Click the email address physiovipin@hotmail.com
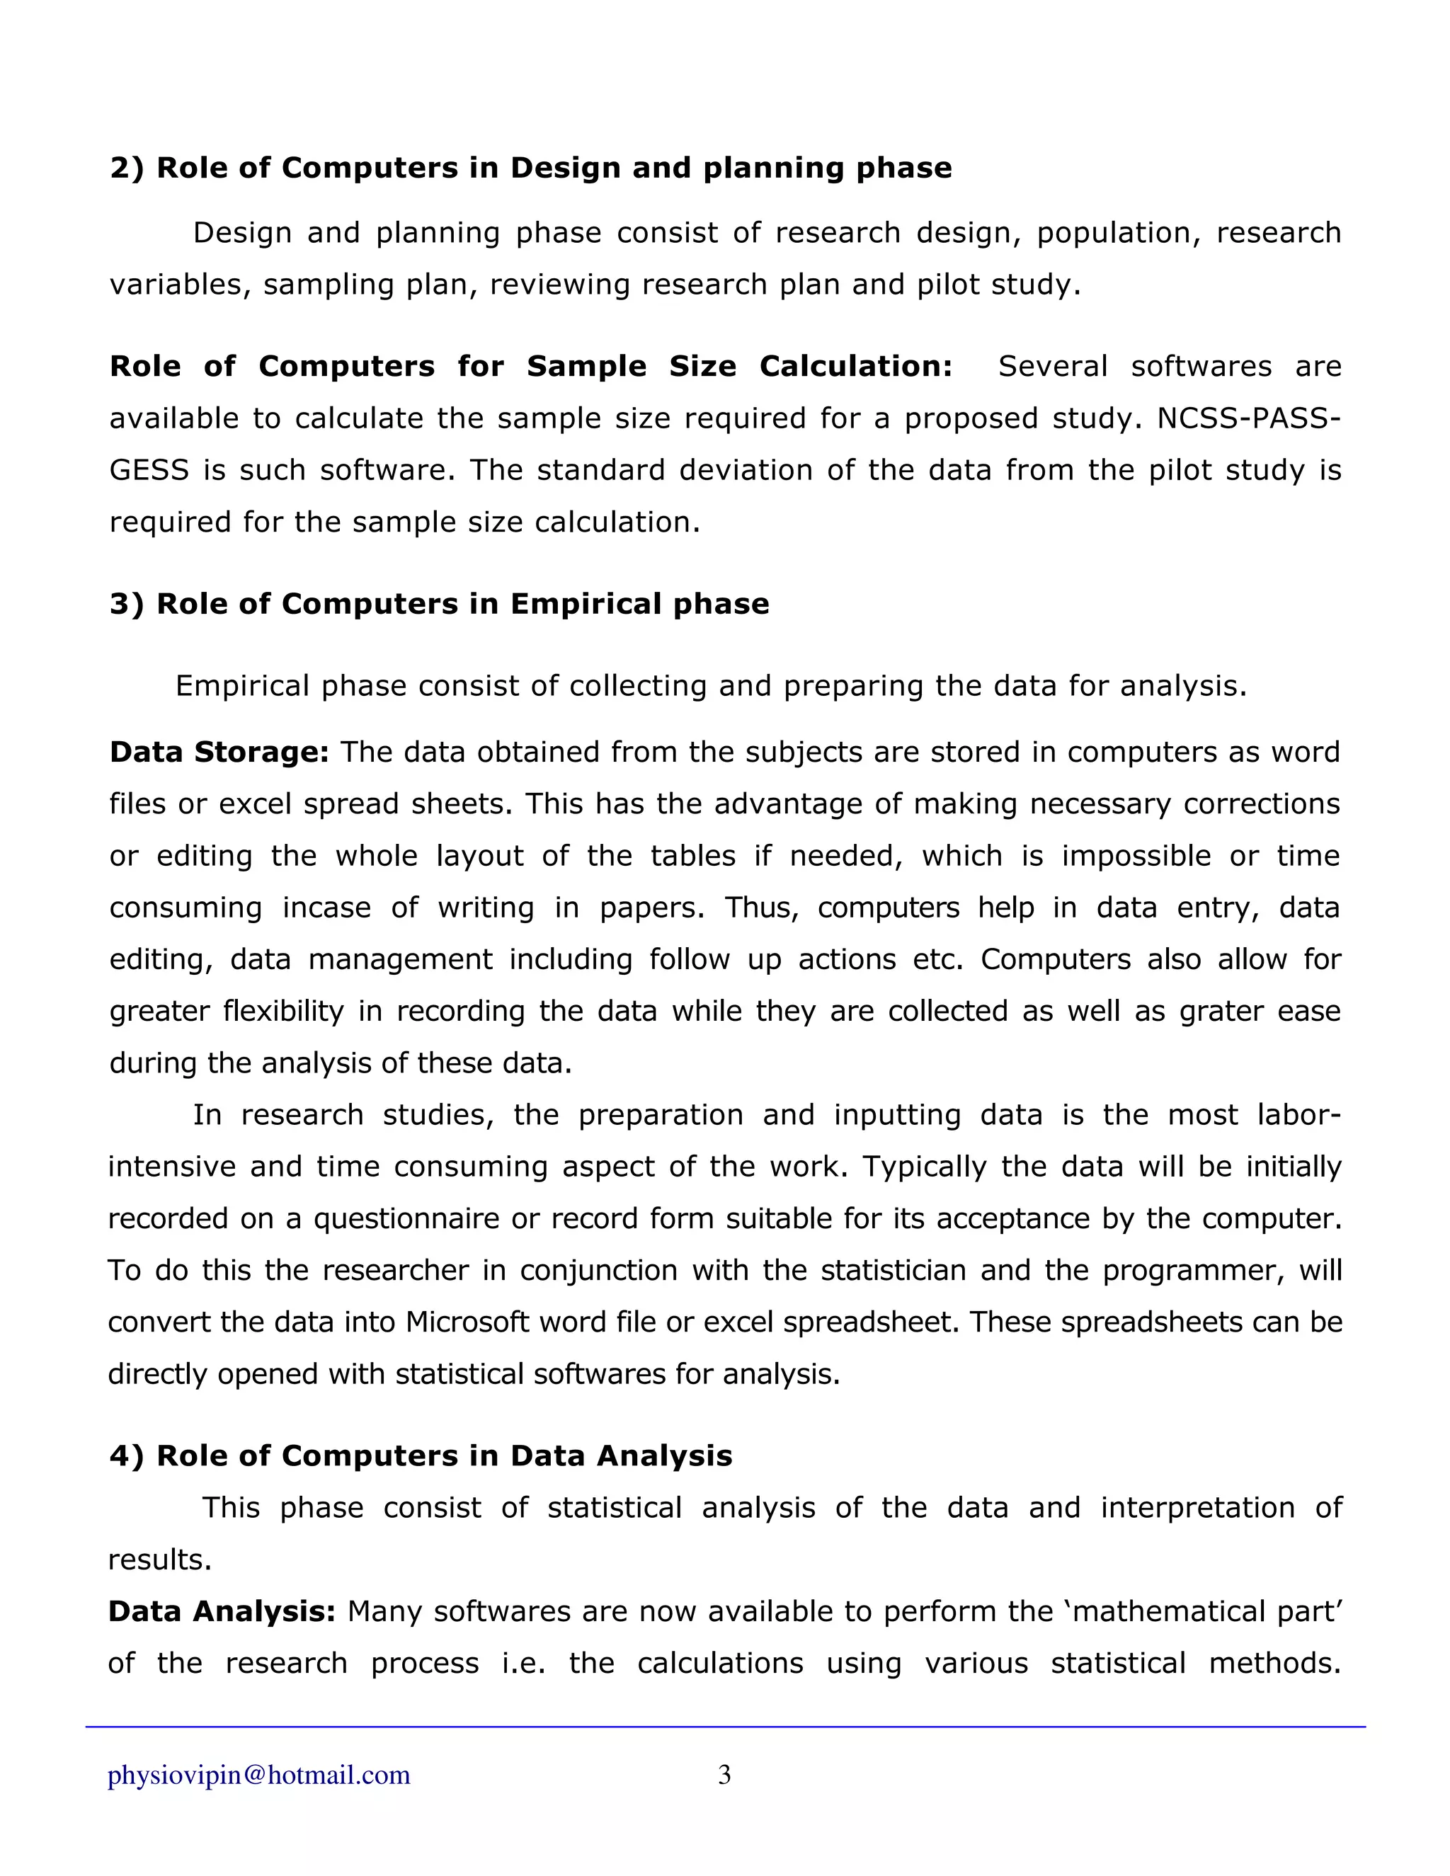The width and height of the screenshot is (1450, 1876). (258, 1775)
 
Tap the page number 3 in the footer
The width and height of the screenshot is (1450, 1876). (724, 1775)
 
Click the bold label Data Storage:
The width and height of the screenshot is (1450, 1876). (219, 752)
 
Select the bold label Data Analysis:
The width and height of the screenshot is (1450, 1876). (222, 1611)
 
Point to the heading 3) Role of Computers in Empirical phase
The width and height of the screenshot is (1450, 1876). (439, 604)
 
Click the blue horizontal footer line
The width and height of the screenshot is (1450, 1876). (725, 1727)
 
